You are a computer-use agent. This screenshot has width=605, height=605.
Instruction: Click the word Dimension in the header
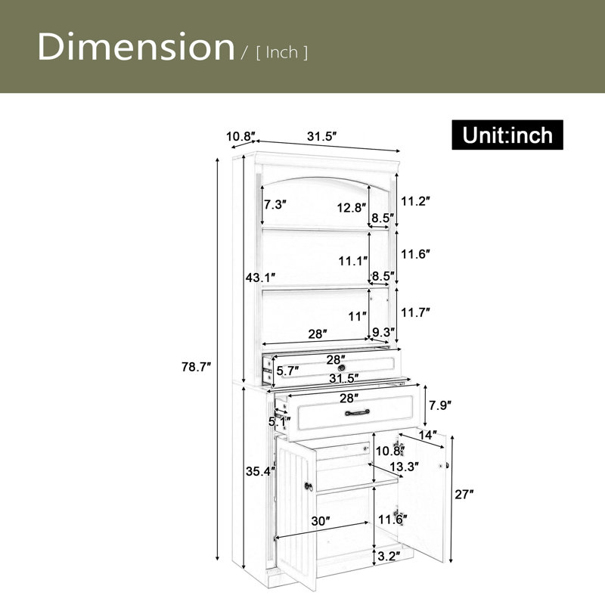click(136, 47)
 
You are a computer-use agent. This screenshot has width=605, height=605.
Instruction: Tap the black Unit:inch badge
click(507, 135)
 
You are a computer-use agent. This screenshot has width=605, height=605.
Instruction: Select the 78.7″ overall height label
click(197, 367)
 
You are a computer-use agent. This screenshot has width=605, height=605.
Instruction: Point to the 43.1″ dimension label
click(260, 277)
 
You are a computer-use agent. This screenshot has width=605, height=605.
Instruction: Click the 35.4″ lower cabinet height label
click(260, 471)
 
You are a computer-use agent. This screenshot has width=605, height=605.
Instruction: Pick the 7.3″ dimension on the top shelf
click(275, 204)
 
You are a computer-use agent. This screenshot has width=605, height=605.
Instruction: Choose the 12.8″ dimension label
click(352, 207)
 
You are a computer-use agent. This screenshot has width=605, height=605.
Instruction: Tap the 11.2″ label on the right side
click(415, 201)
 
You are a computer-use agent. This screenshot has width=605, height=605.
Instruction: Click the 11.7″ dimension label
click(415, 312)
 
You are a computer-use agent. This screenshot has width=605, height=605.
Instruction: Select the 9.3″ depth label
click(383, 332)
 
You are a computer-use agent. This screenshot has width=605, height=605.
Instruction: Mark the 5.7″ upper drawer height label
click(288, 371)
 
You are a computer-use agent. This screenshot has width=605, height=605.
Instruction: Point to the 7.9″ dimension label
click(440, 405)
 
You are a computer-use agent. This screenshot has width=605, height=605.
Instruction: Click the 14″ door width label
click(428, 436)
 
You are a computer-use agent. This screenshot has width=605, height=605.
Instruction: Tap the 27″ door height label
click(464, 495)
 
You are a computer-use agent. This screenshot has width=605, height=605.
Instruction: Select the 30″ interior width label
click(321, 521)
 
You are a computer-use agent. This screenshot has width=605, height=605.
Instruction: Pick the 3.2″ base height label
click(389, 556)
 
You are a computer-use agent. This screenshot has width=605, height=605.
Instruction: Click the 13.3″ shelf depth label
click(404, 467)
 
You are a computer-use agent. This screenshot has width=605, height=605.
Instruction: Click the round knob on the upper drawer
click(342, 368)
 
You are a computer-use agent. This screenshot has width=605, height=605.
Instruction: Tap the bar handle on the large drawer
click(357, 412)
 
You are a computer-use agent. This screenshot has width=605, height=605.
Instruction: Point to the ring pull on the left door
click(309, 486)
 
